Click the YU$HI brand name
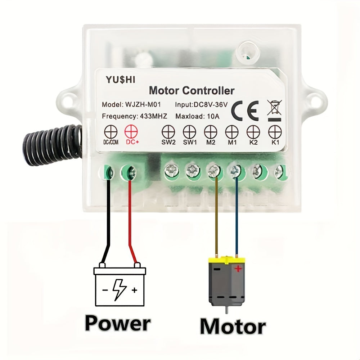pyautogui.click(x=120, y=80)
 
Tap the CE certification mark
pyautogui.click(x=245, y=111)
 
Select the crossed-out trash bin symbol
pyautogui.click(x=275, y=110)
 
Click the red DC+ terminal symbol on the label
pyautogui.click(x=131, y=132)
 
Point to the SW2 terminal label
pyautogui.click(x=168, y=142)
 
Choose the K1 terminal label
pyautogui.click(x=275, y=142)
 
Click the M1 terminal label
pyautogui.click(x=232, y=142)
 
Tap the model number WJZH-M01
pyautogui.click(x=143, y=105)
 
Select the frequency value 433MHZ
pyautogui.click(x=154, y=116)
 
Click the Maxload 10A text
pyautogui.click(x=197, y=116)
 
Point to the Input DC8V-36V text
pyautogui.click(x=201, y=105)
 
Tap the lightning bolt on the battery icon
pyautogui.click(x=120, y=290)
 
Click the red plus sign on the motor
pyautogui.click(x=238, y=269)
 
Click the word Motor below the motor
pyautogui.click(x=233, y=326)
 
